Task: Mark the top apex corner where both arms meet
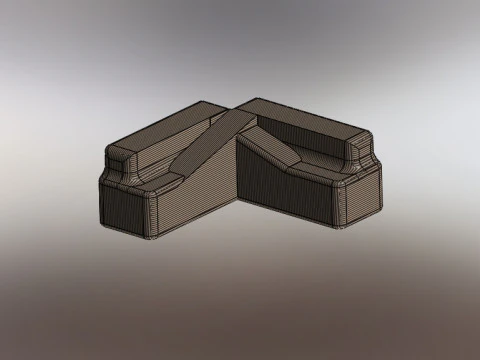pyautogui.click(x=238, y=104)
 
